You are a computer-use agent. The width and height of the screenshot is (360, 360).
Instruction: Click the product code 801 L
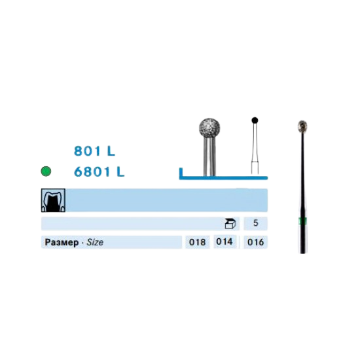click(x=94, y=151)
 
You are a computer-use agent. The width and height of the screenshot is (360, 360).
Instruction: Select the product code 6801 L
click(x=99, y=171)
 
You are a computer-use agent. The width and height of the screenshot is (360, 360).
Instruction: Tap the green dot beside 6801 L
click(x=46, y=171)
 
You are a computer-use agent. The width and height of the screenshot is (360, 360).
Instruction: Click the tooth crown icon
click(x=53, y=200)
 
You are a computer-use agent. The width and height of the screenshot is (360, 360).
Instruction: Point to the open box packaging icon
click(x=230, y=224)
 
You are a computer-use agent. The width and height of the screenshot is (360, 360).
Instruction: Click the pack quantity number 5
click(x=255, y=223)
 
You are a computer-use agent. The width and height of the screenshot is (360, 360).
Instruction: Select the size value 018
click(x=197, y=242)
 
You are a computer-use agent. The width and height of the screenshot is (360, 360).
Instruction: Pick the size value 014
click(x=225, y=242)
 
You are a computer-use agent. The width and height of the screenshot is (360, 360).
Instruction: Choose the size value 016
click(x=255, y=242)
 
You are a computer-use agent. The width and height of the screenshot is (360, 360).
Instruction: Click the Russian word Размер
click(x=62, y=242)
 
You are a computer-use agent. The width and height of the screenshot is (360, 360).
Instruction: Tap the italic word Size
click(x=95, y=242)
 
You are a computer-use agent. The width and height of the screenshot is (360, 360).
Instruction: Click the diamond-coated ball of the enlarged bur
click(x=209, y=128)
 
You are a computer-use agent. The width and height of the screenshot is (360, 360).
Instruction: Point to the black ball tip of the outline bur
click(x=255, y=120)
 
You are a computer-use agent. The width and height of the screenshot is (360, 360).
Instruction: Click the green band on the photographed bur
click(x=303, y=221)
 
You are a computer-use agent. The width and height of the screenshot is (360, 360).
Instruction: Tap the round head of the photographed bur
click(x=303, y=126)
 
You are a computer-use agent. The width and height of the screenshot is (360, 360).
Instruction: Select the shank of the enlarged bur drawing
click(x=209, y=157)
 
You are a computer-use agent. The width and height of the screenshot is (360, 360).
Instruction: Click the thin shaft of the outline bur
click(x=255, y=149)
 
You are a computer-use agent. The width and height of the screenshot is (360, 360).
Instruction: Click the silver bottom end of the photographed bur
click(x=303, y=239)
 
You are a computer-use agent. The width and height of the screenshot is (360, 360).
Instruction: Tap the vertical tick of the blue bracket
click(x=181, y=172)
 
